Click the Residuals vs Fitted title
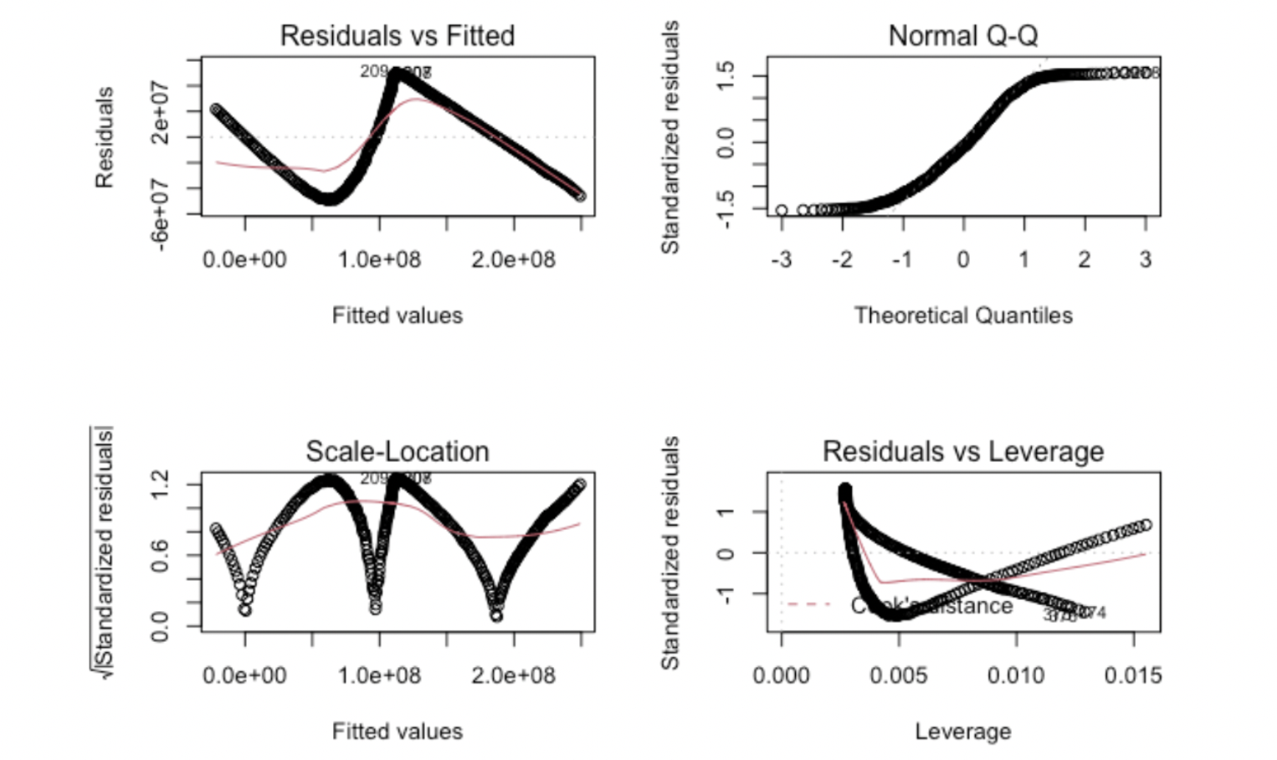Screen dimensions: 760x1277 pyautogui.click(x=397, y=36)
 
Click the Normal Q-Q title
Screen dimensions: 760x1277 pyautogui.click(x=962, y=36)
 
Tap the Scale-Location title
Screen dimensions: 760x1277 pyautogui.click(x=397, y=451)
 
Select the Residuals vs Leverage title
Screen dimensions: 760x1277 pyautogui.click(x=962, y=451)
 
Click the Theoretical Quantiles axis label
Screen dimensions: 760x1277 pyautogui.click(x=962, y=316)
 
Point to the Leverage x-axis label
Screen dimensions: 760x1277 pyautogui.click(x=962, y=732)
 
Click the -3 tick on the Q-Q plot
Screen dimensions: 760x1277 pyautogui.click(x=781, y=260)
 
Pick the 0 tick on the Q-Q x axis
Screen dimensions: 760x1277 pyautogui.click(x=963, y=260)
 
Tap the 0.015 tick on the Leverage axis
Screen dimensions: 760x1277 pyautogui.click(x=1132, y=675)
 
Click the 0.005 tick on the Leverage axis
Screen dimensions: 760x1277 pyautogui.click(x=898, y=675)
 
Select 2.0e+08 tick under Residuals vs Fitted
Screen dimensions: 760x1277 pyautogui.click(x=513, y=260)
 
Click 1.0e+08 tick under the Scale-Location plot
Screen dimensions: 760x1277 pyautogui.click(x=379, y=675)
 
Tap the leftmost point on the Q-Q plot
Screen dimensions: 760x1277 pyautogui.click(x=782, y=210)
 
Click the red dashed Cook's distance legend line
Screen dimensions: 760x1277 pyautogui.click(x=808, y=604)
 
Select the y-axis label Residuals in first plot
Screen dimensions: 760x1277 pyautogui.click(x=105, y=137)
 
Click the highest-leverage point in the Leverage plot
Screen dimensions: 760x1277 pyautogui.click(x=1146, y=525)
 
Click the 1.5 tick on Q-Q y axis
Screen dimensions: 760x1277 pyautogui.click(x=726, y=75)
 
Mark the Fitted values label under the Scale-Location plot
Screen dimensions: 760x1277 pyautogui.click(x=397, y=732)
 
